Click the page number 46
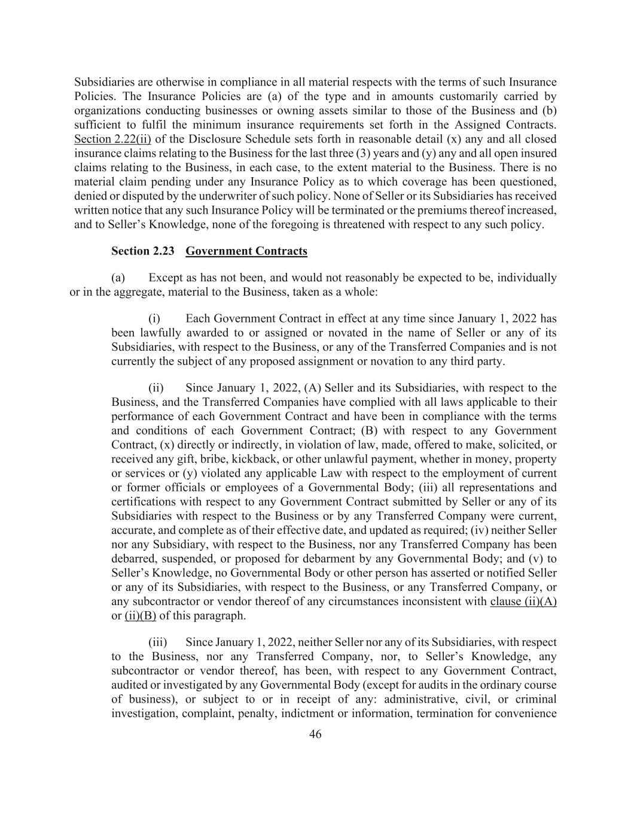(315, 734)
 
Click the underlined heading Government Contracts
(246, 251)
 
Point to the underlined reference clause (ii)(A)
(523, 602)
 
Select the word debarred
(133, 559)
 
